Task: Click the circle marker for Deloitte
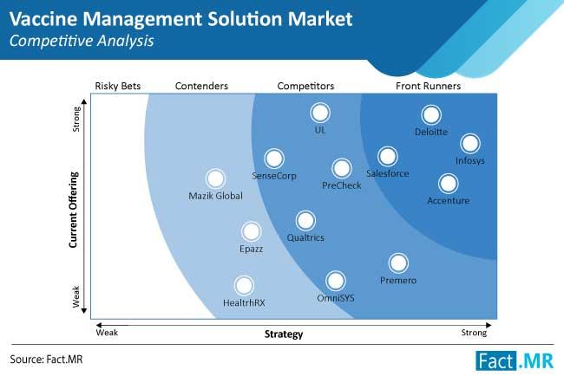[431, 115]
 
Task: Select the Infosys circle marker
[470, 143]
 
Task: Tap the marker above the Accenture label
[449, 184]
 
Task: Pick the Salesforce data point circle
[387, 157]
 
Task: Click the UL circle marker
[320, 113]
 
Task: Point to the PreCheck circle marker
[341, 168]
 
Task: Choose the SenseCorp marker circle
[274, 159]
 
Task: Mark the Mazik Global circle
[215, 178]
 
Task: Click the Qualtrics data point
[305, 221]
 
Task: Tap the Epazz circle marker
[251, 231]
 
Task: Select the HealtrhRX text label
[244, 302]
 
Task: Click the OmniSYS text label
[336, 298]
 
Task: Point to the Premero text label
[398, 280]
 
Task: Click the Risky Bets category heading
[118, 86]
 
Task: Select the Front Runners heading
[428, 86]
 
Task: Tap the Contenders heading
[201, 86]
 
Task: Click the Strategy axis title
[284, 334]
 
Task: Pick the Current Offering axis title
[74, 210]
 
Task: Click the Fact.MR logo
[515, 360]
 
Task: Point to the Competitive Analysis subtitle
[82, 41]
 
